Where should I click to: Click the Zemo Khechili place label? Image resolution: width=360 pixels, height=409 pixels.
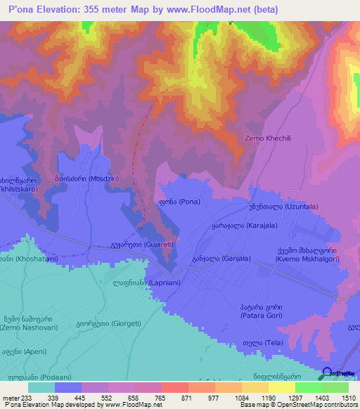click(271, 138)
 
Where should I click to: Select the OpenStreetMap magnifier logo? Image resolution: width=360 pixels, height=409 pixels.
click(328, 374)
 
